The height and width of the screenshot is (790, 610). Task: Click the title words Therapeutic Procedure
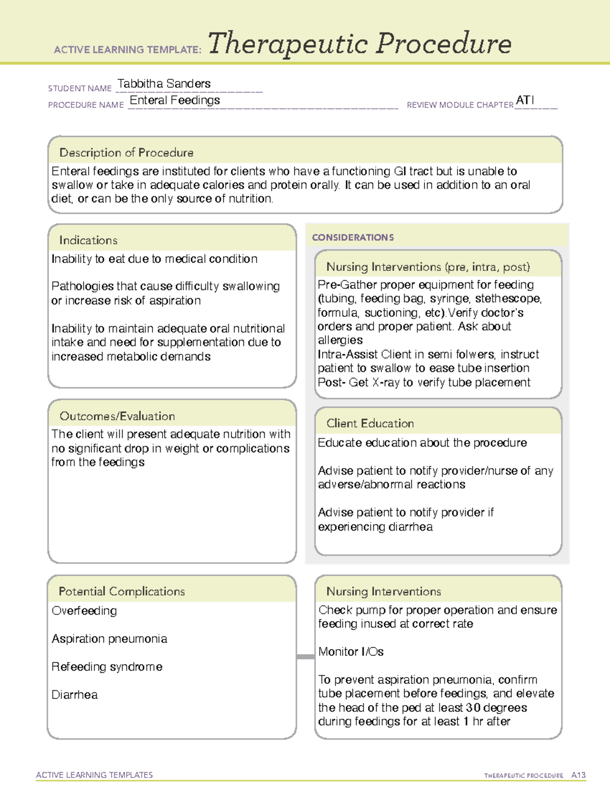click(x=359, y=44)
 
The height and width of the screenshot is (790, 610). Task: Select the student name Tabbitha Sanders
click(x=164, y=83)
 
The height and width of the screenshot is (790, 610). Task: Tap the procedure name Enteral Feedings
click(x=175, y=100)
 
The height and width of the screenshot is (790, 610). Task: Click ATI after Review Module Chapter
click(x=525, y=100)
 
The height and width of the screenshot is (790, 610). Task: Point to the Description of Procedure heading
click(x=126, y=153)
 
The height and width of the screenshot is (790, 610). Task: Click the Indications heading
click(x=88, y=240)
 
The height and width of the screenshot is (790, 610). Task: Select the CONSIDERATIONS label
click(x=353, y=238)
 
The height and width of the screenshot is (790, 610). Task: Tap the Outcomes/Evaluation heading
click(x=117, y=416)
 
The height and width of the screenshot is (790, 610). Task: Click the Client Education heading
click(x=370, y=423)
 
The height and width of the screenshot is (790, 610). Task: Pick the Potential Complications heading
click(x=121, y=591)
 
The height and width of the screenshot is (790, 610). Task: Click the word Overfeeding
click(x=84, y=610)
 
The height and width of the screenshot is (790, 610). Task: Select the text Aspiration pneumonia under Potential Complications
click(x=109, y=638)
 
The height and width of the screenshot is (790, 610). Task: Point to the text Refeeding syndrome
click(x=107, y=666)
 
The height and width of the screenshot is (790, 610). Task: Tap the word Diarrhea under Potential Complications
click(x=75, y=694)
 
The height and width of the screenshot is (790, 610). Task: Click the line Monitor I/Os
click(x=351, y=652)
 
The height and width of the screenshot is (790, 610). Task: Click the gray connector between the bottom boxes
click(x=306, y=657)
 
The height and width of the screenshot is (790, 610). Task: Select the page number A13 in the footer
click(x=578, y=775)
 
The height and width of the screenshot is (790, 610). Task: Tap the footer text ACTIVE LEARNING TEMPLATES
click(x=95, y=775)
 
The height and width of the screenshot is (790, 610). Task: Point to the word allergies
click(x=340, y=340)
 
